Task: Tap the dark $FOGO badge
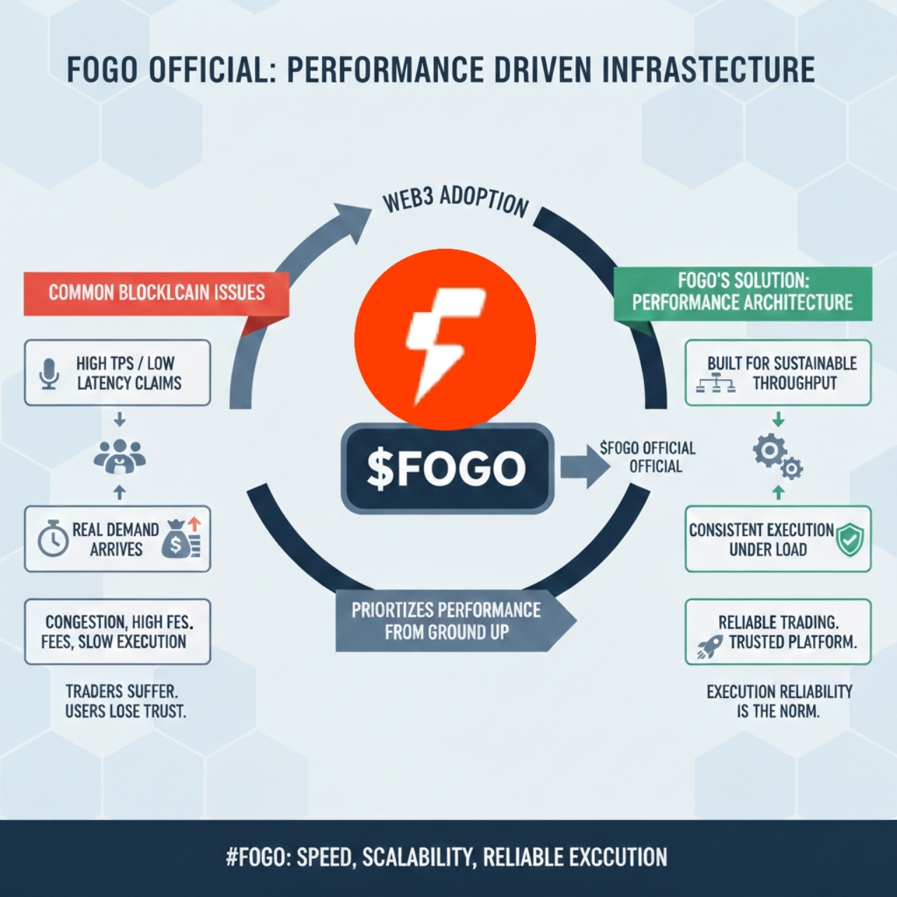click(x=447, y=468)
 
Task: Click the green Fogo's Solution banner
click(x=743, y=292)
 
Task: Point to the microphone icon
click(x=48, y=374)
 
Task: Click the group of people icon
click(x=119, y=456)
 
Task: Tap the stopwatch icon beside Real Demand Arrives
click(x=53, y=540)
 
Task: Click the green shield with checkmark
click(x=851, y=540)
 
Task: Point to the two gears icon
click(x=777, y=456)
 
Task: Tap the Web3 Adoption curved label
click(x=455, y=200)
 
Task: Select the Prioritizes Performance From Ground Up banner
click(x=448, y=621)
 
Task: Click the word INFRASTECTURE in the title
click(x=708, y=70)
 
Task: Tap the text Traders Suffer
click(x=121, y=691)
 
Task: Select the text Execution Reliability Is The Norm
click(x=779, y=701)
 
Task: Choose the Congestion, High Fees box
click(x=117, y=631)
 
